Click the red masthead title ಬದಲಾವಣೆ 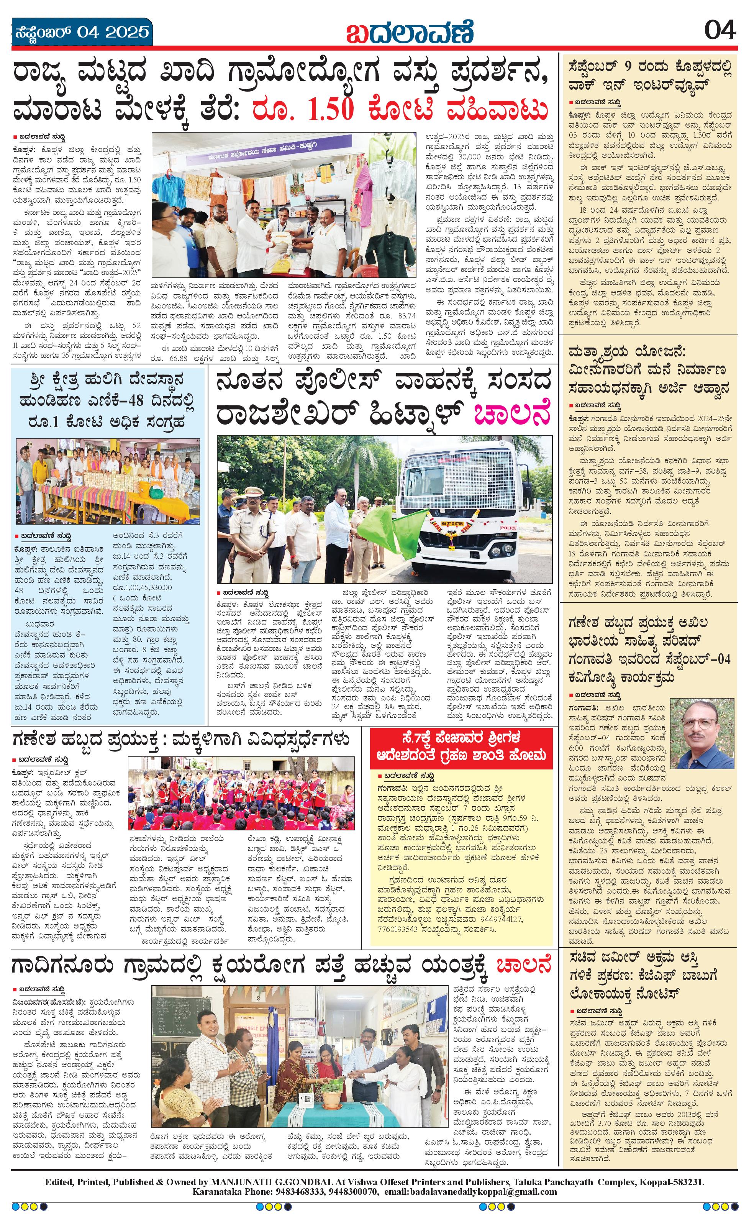(x=410, y=33)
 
